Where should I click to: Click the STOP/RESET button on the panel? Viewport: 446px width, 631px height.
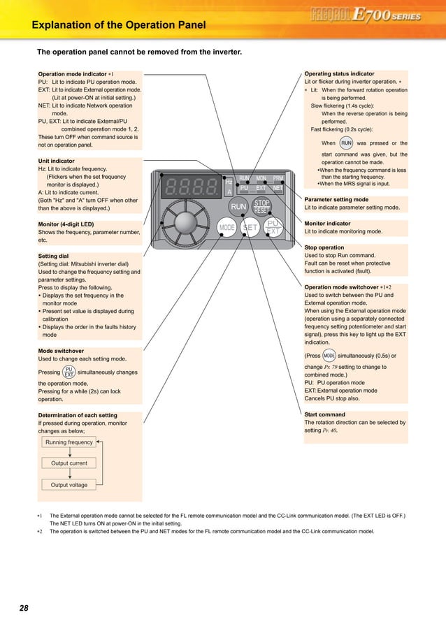261,206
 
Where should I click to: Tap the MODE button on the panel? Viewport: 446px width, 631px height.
227,228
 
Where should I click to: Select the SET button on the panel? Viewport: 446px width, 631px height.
250,228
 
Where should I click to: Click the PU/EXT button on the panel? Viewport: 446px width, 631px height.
273,227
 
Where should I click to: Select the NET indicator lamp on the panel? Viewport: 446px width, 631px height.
278,188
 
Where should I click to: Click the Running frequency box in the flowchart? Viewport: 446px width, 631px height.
69,442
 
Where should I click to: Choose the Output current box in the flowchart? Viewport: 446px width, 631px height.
69,463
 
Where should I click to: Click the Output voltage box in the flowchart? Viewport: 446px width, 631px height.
69,484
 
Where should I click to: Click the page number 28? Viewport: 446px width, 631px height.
24,608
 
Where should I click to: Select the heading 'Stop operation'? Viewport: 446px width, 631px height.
324,247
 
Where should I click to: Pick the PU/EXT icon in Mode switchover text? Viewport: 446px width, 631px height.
69,372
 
